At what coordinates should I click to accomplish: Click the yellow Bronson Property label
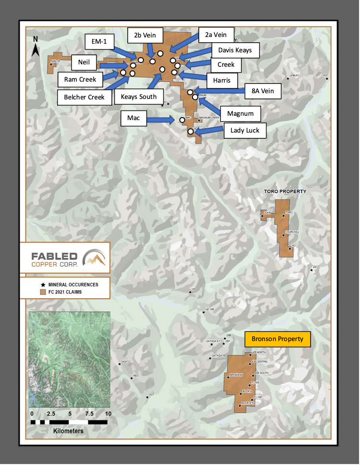point(277,339)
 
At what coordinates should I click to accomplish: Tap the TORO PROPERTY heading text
point(285,191)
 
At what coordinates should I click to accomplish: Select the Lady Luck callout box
point(245,130)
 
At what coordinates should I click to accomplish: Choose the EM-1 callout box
point(100,42)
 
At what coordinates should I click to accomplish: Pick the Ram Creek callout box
point(80,79)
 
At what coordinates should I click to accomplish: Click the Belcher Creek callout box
point(84,97)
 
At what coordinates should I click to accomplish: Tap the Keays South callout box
point(139,97)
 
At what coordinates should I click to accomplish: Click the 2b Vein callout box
point(145,36)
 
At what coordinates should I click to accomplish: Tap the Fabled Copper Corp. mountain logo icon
point(95,257)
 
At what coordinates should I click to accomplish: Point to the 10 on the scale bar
point(108,413)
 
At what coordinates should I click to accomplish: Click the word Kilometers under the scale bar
point(68,431)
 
